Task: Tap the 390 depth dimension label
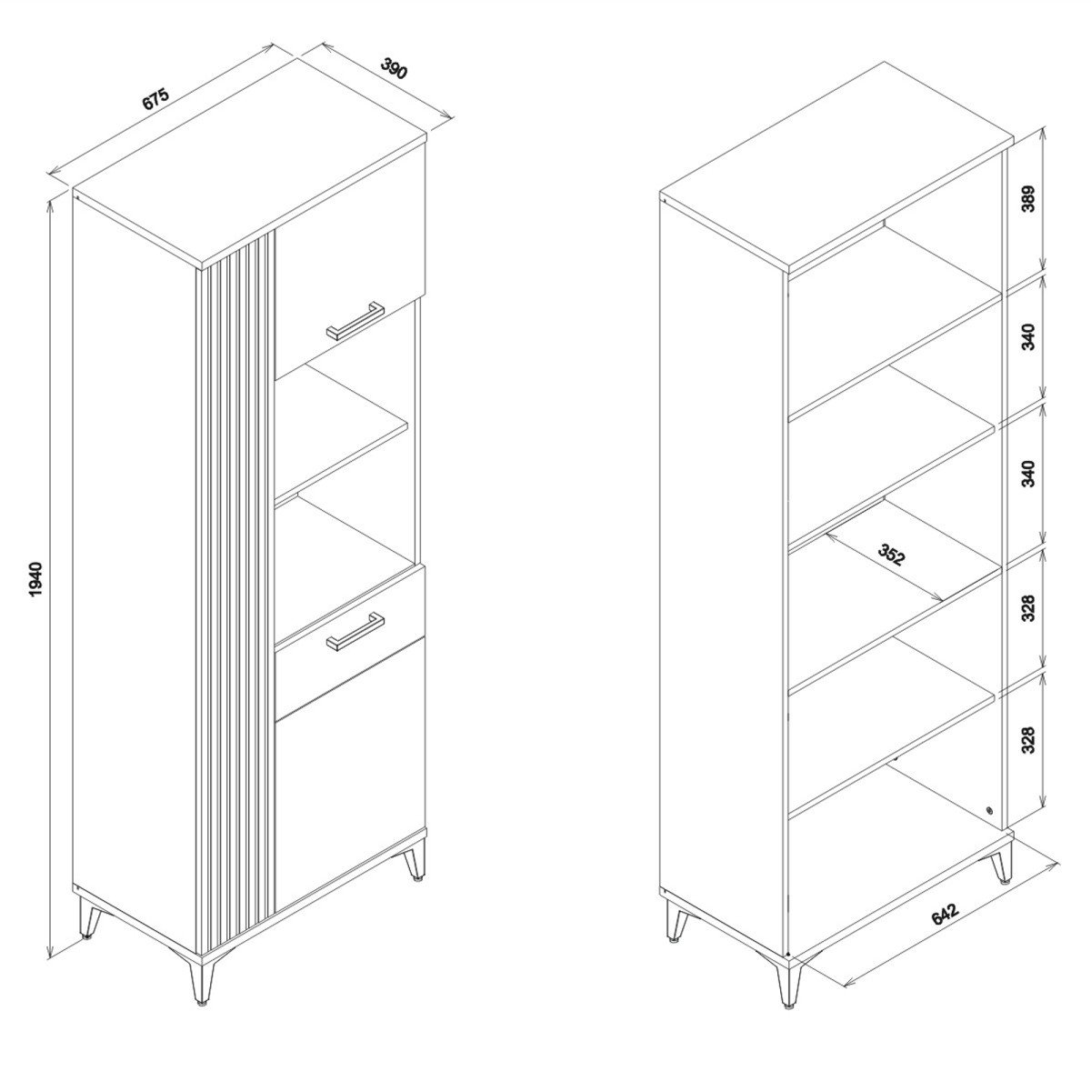[x=394, y=68]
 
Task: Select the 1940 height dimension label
[x=35, y=579]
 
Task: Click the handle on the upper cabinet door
[x=355, y=321]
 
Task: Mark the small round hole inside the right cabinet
[x=990, y=826]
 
